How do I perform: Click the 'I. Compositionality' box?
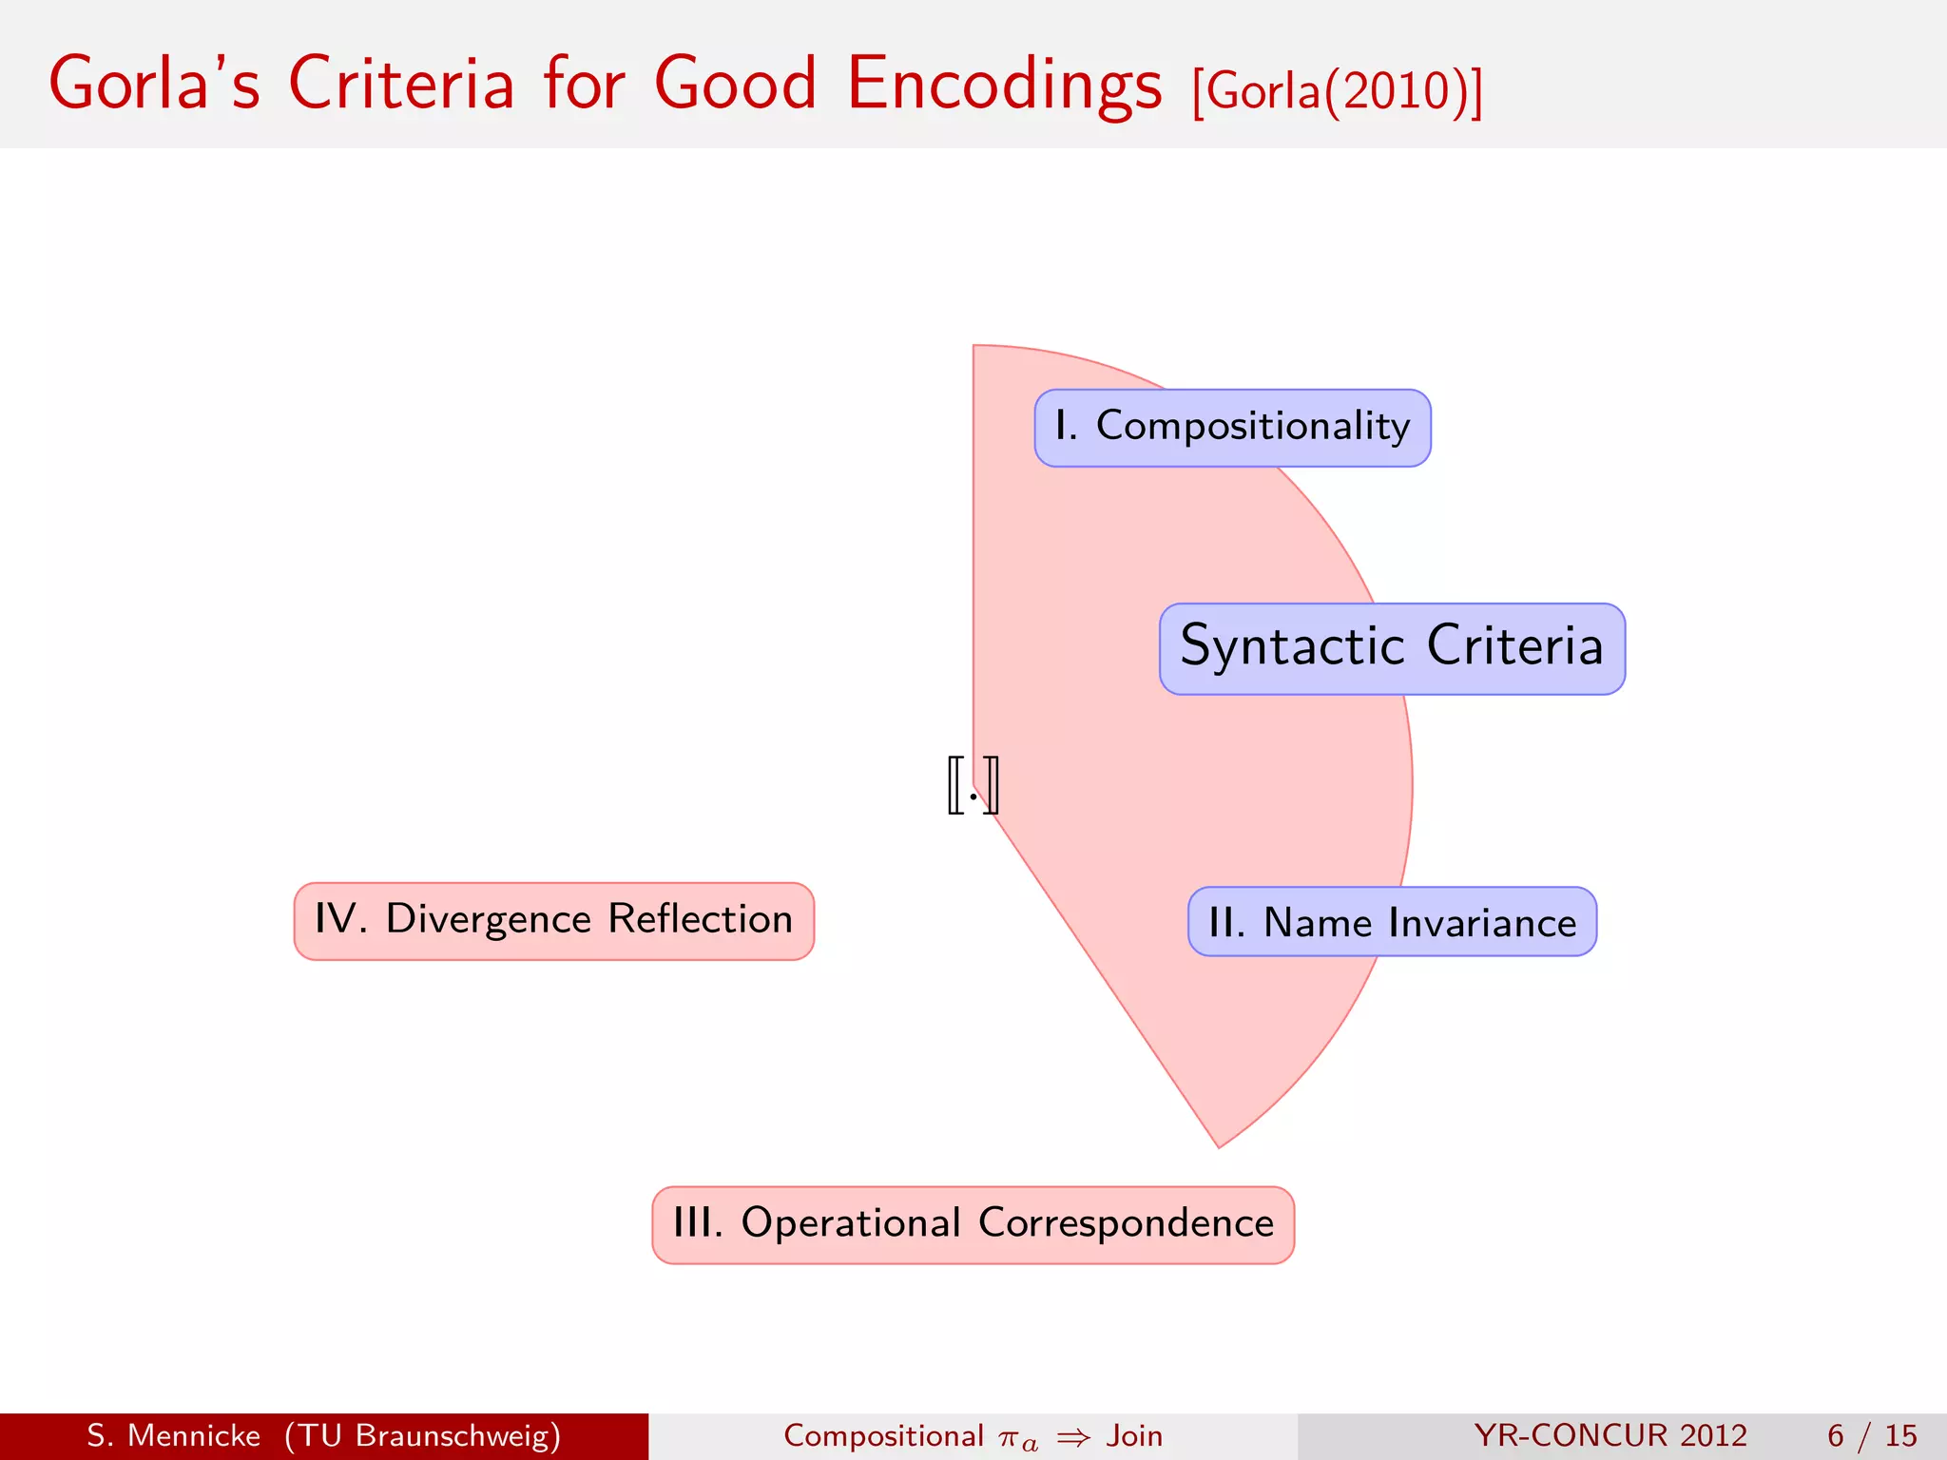point(1232,428)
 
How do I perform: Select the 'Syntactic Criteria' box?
point(1392,648)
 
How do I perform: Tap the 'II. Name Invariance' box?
point(1392,921)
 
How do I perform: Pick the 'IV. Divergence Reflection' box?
point(553,921)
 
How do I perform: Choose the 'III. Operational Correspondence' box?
point(973,1224)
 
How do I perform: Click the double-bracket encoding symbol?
point(973,785)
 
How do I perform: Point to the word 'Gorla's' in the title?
point(154,84)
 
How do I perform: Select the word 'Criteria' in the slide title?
point(401,84)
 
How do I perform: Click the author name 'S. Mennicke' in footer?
point(173,1435)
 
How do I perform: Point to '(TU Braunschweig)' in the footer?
point(422,1435)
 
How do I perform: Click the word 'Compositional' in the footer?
point(883,1435)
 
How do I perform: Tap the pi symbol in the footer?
point(1011,1437)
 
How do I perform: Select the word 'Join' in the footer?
point(1134,1435)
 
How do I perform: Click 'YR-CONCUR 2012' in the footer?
point(1610,1435)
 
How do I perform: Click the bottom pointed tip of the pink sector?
point(1219,1144)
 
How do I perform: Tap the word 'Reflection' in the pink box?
point(701,919)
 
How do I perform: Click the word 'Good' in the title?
point(736,84)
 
